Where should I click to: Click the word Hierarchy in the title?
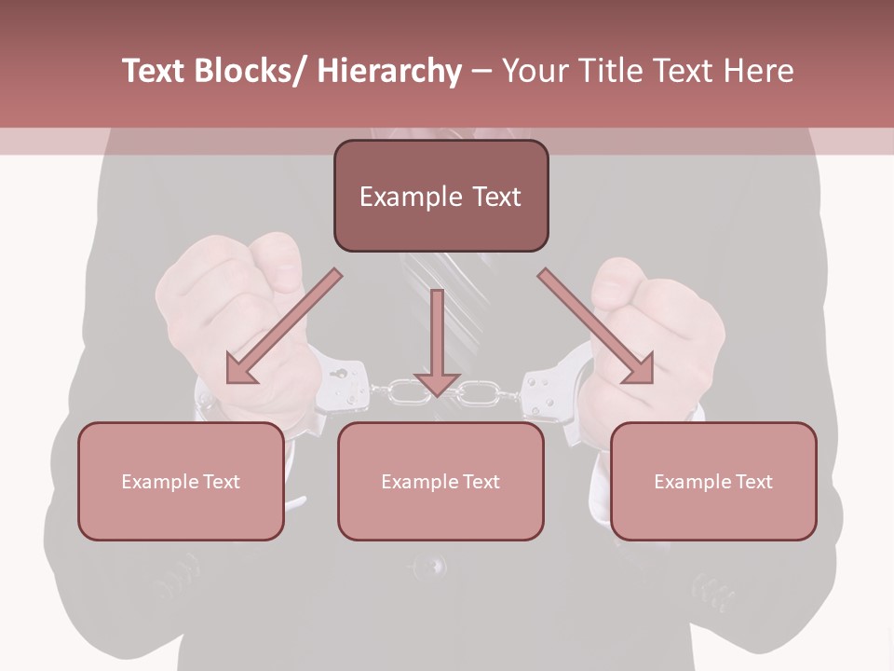389,71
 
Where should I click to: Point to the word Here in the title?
759,71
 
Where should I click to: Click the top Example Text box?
440,197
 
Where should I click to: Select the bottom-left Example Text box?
181,482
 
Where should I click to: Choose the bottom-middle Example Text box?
440,482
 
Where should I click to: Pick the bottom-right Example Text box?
713,482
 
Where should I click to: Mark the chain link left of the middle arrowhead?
403,392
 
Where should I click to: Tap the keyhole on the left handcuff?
341,375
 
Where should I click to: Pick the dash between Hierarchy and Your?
481,72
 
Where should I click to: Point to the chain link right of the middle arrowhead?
477,394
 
